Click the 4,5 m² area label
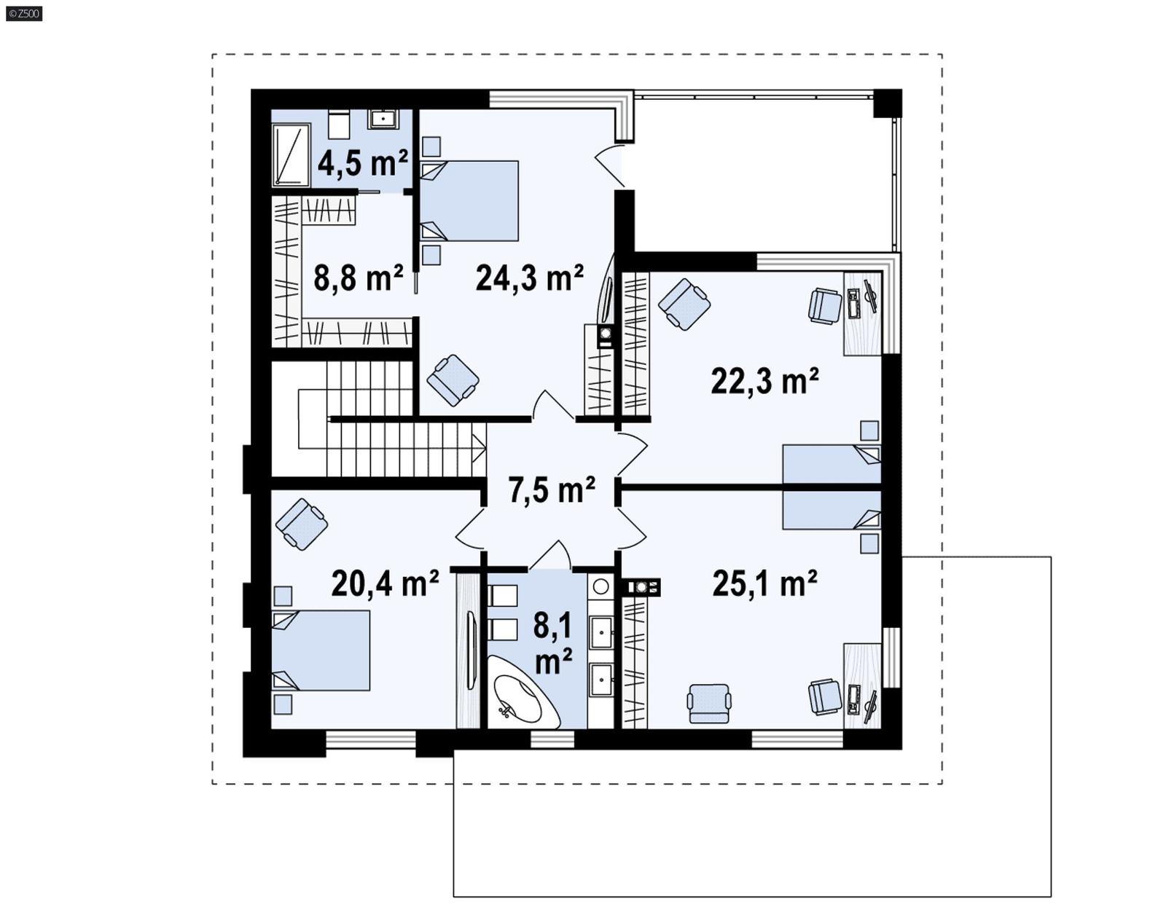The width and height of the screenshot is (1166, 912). pyautogui.click(x=362, y=163)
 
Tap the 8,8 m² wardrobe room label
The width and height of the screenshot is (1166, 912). pyautogui.click(x=358, y=278)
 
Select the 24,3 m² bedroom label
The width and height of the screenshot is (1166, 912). pyautogui.click(x=529, y=278)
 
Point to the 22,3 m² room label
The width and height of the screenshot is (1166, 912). pyautogui.click(x=764, y=381)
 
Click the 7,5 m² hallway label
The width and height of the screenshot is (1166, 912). pyautogui.click(x=552, y=490)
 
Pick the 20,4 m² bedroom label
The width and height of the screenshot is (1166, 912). pyautogui.click(x=385, y=583)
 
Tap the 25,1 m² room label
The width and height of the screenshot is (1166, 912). pyautogui.click(x=764, y=583)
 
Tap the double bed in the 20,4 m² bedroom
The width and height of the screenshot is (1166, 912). pyautogui.click(x=322, y=650)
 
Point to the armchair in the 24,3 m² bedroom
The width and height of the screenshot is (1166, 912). pyautogui.click(x=453, y=380)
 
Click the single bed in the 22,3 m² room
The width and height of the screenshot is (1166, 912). pyautogui.click(x=832, y=464)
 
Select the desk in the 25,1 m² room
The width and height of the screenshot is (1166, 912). pyautogui.click(x=863, y=685)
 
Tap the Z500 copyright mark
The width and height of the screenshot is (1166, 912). pyautogui.click(x=24, y=13)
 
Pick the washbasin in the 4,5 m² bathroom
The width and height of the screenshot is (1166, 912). pyautogui.click(x=383, y=119)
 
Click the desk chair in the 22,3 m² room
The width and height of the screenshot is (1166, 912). pyautogui.click(x=825, y=305)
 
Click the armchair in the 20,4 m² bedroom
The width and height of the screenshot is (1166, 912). pyautogui.click(x=302, y=524)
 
